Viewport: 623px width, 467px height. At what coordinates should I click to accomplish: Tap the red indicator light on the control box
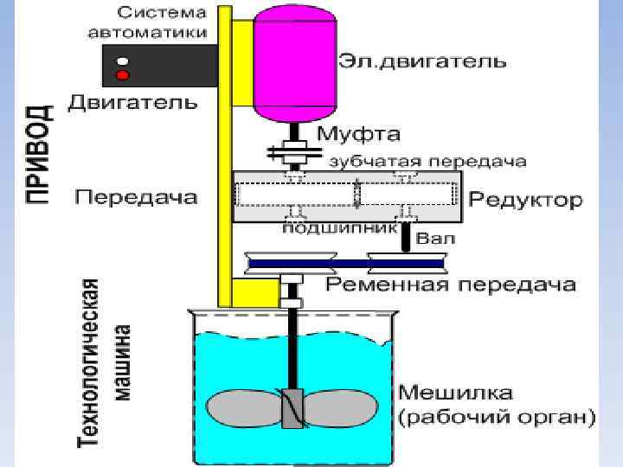pos(123,75)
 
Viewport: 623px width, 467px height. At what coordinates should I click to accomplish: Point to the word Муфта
pos(359,135)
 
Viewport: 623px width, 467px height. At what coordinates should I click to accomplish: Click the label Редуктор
pos(525,200)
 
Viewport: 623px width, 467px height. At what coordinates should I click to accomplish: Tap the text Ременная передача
pos(450,285)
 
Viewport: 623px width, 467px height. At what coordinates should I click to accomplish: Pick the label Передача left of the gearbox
pos(136,197)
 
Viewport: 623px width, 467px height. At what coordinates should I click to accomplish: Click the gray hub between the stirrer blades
pos(292,407)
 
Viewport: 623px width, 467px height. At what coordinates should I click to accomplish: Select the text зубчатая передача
pos(427,162)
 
